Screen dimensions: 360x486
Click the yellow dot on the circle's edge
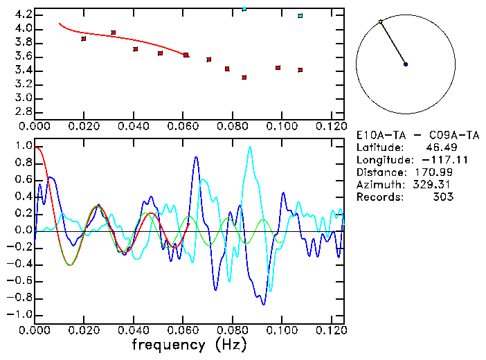point(381,21)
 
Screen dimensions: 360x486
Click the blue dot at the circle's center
point(406,64)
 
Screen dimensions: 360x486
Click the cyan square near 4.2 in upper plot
point(300,16)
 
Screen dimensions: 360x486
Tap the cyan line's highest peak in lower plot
point(250,147)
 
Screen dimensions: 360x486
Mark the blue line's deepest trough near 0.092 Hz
point(263,303)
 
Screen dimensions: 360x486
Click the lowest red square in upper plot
point(244,78)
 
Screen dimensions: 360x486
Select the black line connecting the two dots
point(393,43)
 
